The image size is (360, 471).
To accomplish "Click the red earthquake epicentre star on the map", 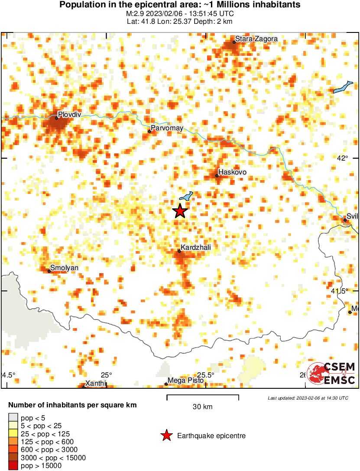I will [x=180, y=211].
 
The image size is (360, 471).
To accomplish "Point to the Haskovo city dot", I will [x=217, y=176].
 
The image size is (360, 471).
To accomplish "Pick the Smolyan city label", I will [x=64, y=268].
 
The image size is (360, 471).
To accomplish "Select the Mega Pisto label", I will [x=185, y=381].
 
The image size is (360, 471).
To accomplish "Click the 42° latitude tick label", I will [x=342, y=158].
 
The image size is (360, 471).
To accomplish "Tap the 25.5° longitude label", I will [x=206, y=375].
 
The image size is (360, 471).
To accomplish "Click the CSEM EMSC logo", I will [x=331, y=374].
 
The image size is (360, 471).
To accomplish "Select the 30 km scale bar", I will [x=203, y=397].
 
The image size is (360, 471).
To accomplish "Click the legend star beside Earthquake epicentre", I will [x=166, y=436].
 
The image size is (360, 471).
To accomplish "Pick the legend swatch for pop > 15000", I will [x=13, y=466].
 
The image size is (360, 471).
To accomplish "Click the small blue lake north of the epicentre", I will [x=186, y=197].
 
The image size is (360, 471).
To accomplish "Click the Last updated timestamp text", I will [x=308, y=398].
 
